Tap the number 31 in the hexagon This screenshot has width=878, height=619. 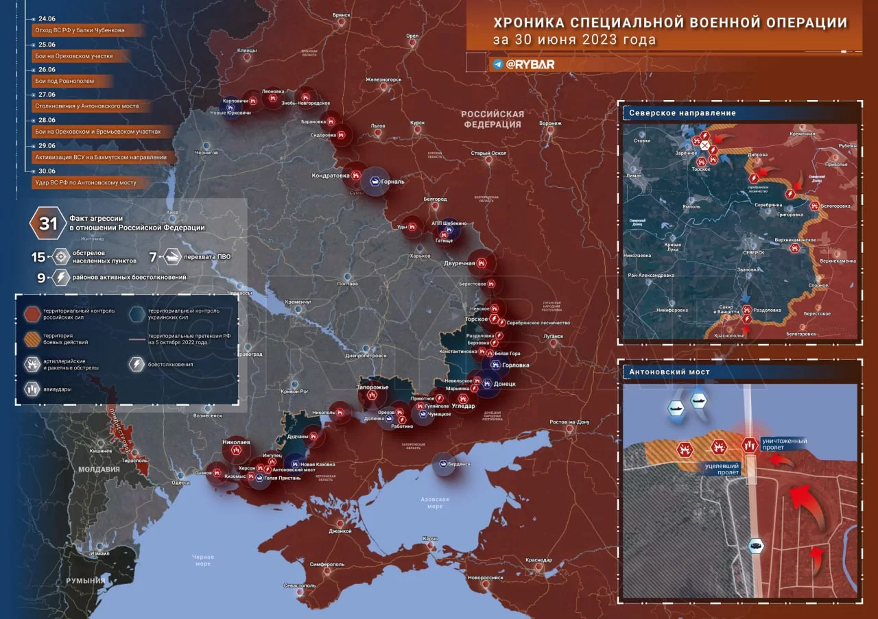(48, 223)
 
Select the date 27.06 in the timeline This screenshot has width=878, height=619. (47, 95)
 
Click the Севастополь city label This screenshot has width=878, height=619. (300, 585)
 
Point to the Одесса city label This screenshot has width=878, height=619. (180, 482)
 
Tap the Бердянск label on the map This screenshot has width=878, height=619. (460, 464)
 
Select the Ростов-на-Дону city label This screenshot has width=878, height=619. (569, 422)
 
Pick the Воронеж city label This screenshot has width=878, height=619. (550, 123)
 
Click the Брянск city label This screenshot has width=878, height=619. (341, 14)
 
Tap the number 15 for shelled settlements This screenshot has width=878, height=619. (38, 257)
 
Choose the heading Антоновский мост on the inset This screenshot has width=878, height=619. (669, 372)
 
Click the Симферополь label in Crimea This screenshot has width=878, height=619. (327, 563)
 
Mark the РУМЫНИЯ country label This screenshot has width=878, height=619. (86, 581)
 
